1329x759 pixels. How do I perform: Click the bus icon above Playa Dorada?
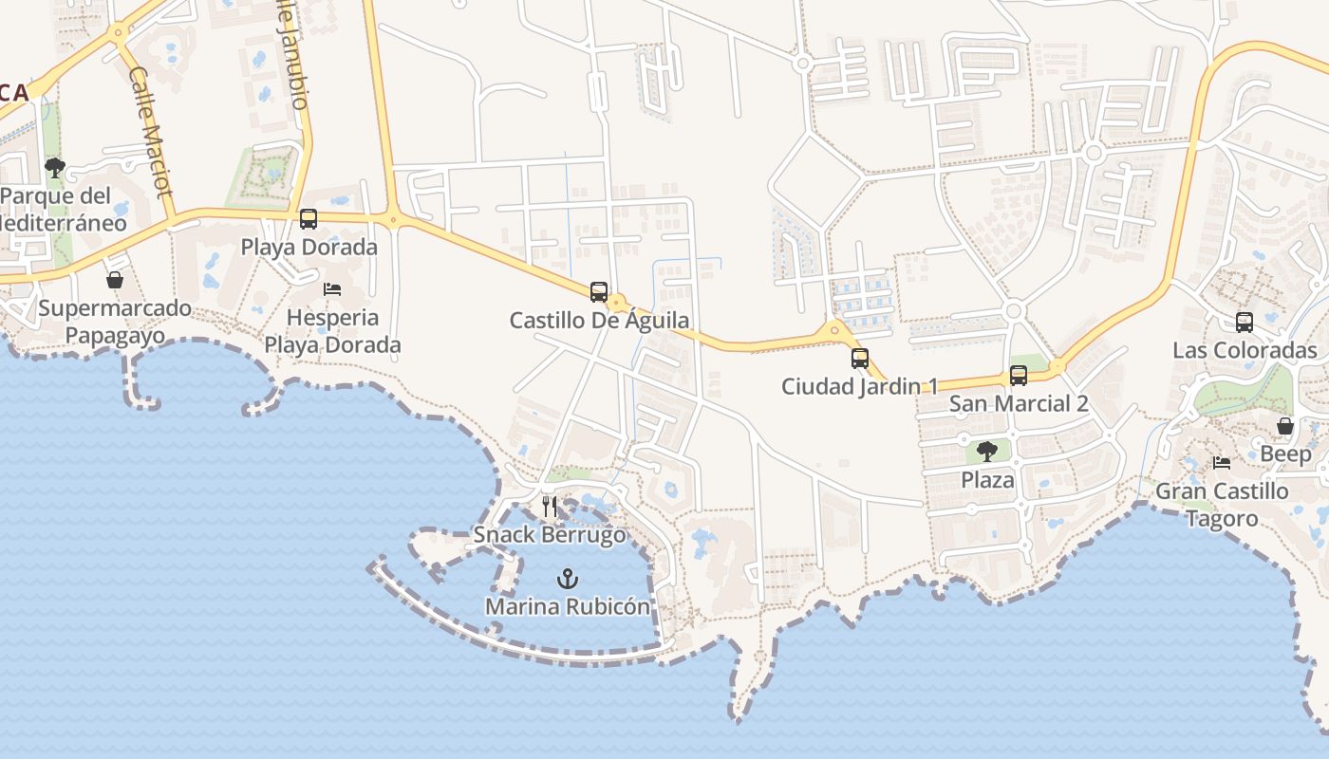[309, 219]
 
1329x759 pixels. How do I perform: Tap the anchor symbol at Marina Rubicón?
[568, 579]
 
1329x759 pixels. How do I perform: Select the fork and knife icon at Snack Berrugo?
[550, 507]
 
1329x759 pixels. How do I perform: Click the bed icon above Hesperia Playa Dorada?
[332, 288]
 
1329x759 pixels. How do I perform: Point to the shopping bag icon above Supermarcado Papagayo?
[115, 280]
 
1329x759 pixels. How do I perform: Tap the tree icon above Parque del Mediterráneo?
[55, 169]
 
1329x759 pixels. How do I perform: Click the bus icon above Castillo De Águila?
[599, 291]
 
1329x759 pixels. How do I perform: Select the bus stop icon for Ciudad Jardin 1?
[860, 359]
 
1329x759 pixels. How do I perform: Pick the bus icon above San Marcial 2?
[1019, 376]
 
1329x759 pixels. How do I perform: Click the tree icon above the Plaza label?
[987, 452]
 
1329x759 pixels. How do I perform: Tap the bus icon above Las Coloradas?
[1245, 323]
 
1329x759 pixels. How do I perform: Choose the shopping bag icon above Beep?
[1285, 426]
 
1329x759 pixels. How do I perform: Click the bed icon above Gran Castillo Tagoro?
[1222, 463]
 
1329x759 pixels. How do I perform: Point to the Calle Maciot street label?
[150, 131]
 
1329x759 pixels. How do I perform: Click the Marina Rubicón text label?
[568, 607]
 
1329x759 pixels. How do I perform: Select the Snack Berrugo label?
[550, 535]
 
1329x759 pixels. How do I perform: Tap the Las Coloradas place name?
[1245, 351]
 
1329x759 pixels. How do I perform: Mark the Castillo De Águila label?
[599, 321]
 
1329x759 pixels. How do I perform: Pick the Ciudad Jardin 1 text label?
[860, 387]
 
